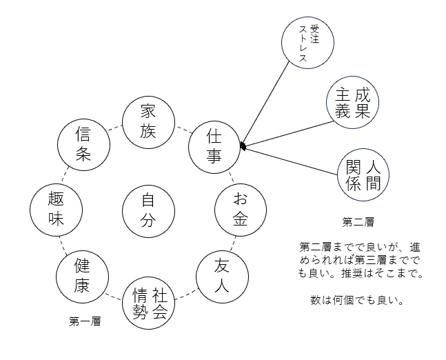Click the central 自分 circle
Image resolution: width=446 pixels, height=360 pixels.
tap(148, 210)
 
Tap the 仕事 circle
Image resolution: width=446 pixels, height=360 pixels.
tap(214, 146)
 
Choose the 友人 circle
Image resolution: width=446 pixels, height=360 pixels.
tap(221, 274)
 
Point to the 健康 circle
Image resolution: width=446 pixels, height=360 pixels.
tap(83, 274)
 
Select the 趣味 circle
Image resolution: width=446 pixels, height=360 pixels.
tap(57, 210)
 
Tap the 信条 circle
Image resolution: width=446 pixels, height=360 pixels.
tap(83, 146)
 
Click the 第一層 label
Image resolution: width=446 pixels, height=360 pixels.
tap(85, 321)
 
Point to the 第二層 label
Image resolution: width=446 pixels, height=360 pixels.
tap(358, 222)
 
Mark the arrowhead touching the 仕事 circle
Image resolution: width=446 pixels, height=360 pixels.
tap(242, 146)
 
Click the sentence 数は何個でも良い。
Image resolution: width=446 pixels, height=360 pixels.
tap(357, 301)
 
